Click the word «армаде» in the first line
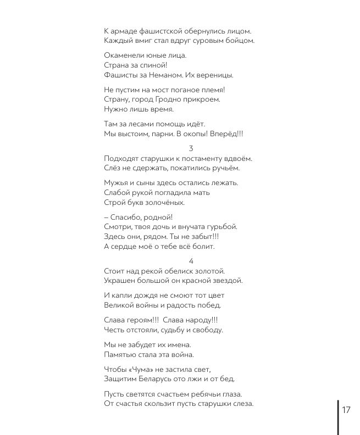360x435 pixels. [x=125, y=31]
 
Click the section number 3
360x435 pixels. [x=191, y=148]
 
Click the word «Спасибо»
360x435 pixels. [x=127, y=217]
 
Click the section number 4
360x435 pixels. [x=191, y=261]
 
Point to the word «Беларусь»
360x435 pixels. [x=159, y=379]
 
